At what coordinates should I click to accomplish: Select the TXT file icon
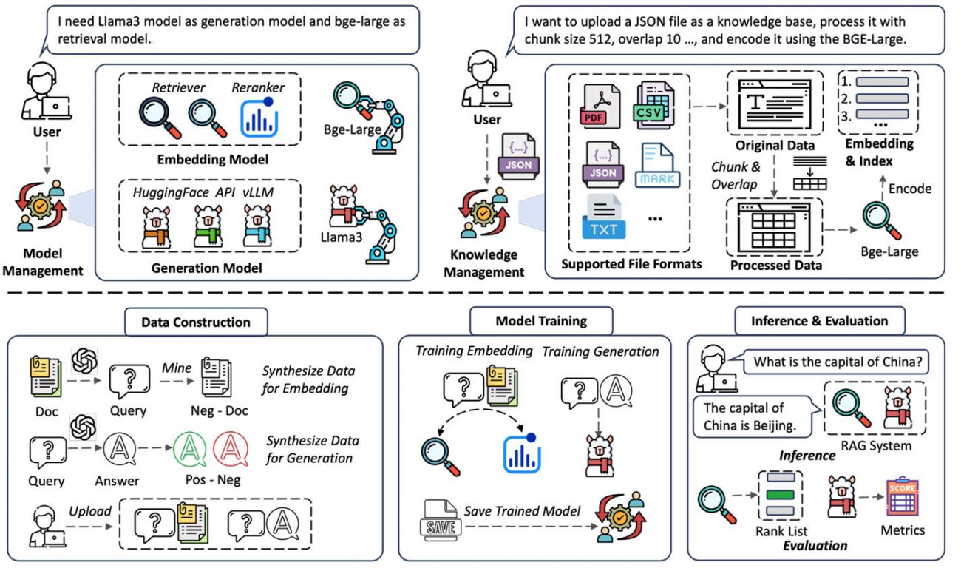click(602, 216)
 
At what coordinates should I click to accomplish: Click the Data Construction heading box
click(195, 322)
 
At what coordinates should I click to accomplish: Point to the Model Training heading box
click(541, 321)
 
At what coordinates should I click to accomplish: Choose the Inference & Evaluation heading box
click(819, 321)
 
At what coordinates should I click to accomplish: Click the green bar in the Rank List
click(782, 495)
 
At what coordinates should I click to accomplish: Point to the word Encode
click(910, 189)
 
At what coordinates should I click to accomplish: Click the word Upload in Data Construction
click(91, 511)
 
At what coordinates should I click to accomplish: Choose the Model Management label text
click(41, 264)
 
